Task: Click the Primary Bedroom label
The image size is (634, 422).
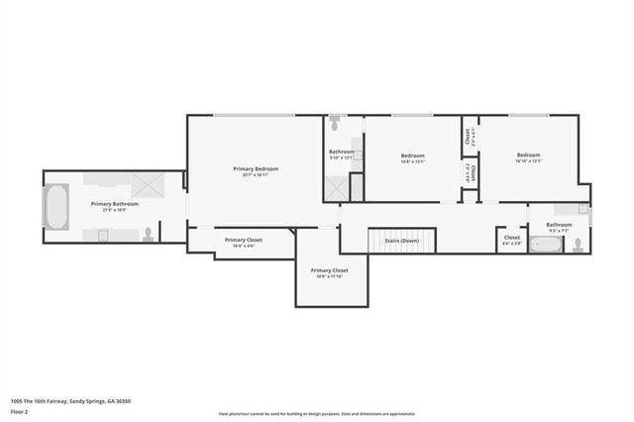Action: coord(256,171)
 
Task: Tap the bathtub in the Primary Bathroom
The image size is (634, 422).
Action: coord(55,210)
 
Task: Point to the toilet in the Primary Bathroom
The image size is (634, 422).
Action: coord(149,234)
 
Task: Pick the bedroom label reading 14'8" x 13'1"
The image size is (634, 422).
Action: coord(412,158)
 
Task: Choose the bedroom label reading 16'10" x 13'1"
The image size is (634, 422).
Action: coord(528,158)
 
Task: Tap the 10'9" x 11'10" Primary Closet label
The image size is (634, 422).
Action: coord(330,272)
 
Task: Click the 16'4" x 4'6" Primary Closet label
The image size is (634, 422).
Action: coord(243,242)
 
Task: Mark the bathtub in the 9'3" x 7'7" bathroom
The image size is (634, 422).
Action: coord(546,243)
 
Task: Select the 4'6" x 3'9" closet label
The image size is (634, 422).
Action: coord(512,240)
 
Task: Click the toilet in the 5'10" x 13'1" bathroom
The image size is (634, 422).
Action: coord(337,126)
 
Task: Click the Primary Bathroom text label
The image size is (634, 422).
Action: coord(115,206)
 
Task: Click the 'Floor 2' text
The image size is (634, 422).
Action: coord(20,409)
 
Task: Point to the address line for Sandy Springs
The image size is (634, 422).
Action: coord(70,400)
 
